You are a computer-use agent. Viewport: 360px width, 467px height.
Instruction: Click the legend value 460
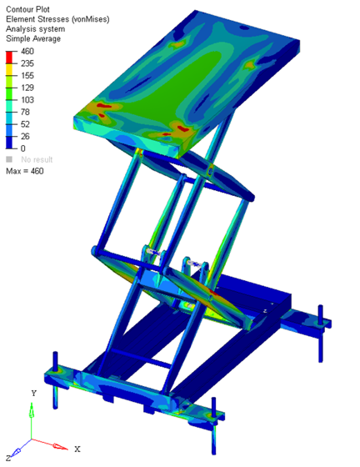pos(27,51)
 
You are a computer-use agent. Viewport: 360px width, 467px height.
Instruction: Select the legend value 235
pos(27,63)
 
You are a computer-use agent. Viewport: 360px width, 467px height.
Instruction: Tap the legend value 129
pos(27,88)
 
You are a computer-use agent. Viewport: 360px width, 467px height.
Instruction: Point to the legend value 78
pos(25,112)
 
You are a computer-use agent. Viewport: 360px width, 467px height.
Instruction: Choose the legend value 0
pos(22,148)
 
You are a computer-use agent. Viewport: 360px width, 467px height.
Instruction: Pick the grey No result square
pos(9,159)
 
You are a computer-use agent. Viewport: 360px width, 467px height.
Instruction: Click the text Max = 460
pos(25,171)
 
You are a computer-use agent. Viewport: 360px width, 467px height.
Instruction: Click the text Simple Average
pos(36,38)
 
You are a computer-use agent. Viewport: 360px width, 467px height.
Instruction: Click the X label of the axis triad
pos(77,449)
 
